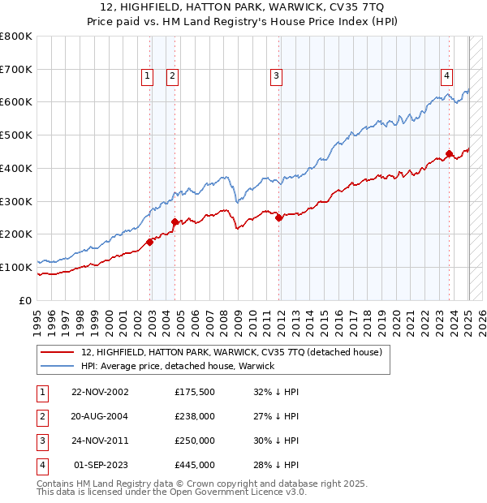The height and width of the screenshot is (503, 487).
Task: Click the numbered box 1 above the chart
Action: (147, 76)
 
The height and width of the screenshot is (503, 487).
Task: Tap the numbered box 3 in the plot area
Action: (276, 76)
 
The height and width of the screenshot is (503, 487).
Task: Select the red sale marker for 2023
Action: (449, 153)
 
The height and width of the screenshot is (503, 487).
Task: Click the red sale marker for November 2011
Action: (278, 217)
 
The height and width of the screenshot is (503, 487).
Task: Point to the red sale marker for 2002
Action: (150, 242)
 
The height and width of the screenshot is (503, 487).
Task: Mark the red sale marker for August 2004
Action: (175, 221)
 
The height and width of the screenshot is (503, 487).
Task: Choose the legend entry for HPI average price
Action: (178, 366)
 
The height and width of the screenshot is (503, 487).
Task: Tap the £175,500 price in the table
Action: (194, 392)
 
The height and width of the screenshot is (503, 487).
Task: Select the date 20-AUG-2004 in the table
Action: (100, 416)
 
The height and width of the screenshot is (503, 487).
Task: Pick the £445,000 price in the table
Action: (194, 465)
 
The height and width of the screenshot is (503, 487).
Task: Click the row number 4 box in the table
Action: (40, 465)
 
